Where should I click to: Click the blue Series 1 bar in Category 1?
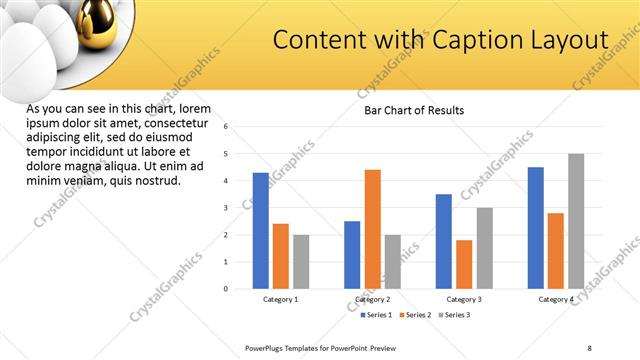pyautogui.click(x=260, y=230)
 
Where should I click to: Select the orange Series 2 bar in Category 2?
pyautogui.click(x=372, y=229)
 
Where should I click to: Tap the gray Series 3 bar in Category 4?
pyautogui.click(x=576, y=221)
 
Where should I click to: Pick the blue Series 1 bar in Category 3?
pyautogui.click(x=444, y=241)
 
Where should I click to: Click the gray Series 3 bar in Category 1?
pyautogui.click(x=301, y=261)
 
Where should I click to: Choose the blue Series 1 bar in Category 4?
pyautogui.click(x=536, y=227)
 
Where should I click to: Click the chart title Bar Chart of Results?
pyautogui.click(x=413, y=110)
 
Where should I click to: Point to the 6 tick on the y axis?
pyautogui.click(x=227, y=127)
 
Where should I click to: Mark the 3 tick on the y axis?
pyautogui.click(x=227, y=208)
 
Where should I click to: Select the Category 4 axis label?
pyautogui.click(x=556, y=299)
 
